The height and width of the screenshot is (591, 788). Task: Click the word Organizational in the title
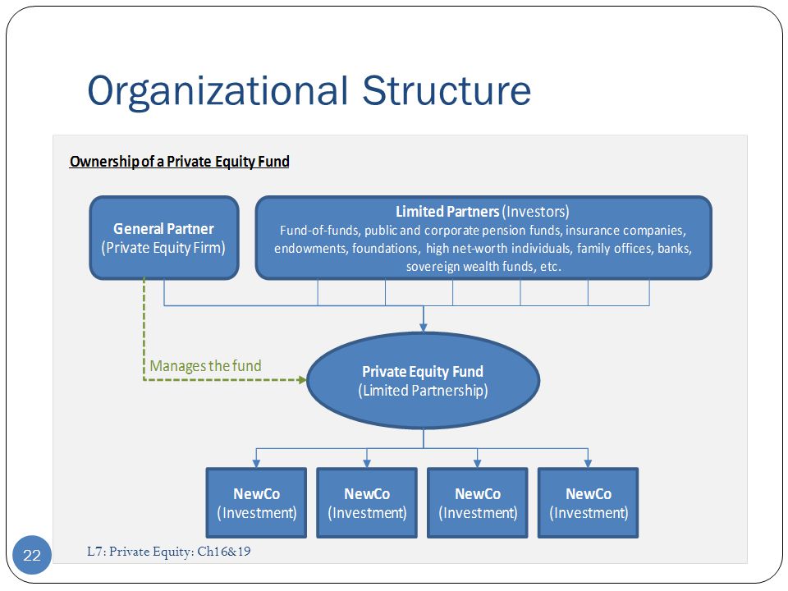pyautogui.click(x=218, y=92)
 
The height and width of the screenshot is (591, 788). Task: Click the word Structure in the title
pyautogui.click(x=447, y=90)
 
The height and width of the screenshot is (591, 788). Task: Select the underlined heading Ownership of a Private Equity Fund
pyautogui.click(x=180, y=162)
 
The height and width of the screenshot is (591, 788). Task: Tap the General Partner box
pyautogui.click(x=164, y=238)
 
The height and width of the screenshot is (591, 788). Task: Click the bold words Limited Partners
pyautogui.click(x=447, y=212)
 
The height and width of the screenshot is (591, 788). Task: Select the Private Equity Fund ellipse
pyautogui.click(x=424, y=380)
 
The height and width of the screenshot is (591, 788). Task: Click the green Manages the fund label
pyautogui.click(x=205, y=366)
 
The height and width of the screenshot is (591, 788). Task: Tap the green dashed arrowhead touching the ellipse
pyautogui.click(x=303, y=380)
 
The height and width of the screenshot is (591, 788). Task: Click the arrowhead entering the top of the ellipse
pyautogui.click(x=424, y=328)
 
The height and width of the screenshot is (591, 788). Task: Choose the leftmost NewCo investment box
pyautogui.click(x=256, y=503)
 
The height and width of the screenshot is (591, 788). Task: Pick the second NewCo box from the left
pyautogui.click(x=367, y=503)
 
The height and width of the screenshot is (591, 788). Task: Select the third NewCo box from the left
pyautogui.click(x=478, y=503)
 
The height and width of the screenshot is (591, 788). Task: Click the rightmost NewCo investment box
pyautogui.click(x=588, y=503)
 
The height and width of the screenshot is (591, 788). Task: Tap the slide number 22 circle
pyautogui.click(x=32, y=556)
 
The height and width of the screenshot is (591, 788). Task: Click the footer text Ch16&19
pyautogui.click(x=223, y=552)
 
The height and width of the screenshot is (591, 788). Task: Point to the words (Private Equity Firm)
pyautogui.click(x=163, y=248)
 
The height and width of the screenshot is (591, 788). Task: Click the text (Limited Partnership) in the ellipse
pyautogui.click(x=424, y=391)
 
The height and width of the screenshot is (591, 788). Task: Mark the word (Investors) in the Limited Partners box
pyautogui.click(x=536, y=212)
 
